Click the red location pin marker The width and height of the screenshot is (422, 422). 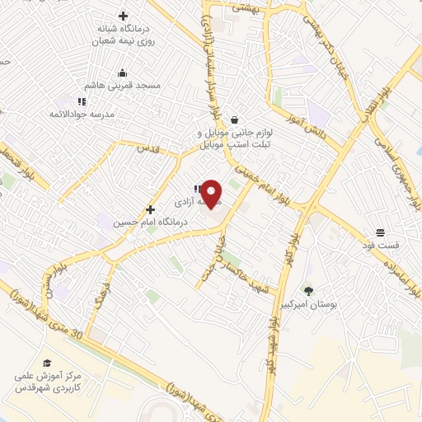tap(211, 193)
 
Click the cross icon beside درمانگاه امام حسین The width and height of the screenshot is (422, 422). tap(150, 209)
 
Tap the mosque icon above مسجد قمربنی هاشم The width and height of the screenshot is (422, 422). tap(123, 73)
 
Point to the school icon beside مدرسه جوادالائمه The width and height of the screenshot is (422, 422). tap(81, 101)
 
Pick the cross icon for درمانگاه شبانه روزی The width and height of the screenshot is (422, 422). tap(124, 16)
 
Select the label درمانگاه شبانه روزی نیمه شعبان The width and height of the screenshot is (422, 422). tap(125, 35)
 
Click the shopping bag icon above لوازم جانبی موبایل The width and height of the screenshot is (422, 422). tap(235, 120)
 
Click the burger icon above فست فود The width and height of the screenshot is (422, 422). tap(379, 232)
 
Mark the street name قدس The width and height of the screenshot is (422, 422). tap(146, 148)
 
